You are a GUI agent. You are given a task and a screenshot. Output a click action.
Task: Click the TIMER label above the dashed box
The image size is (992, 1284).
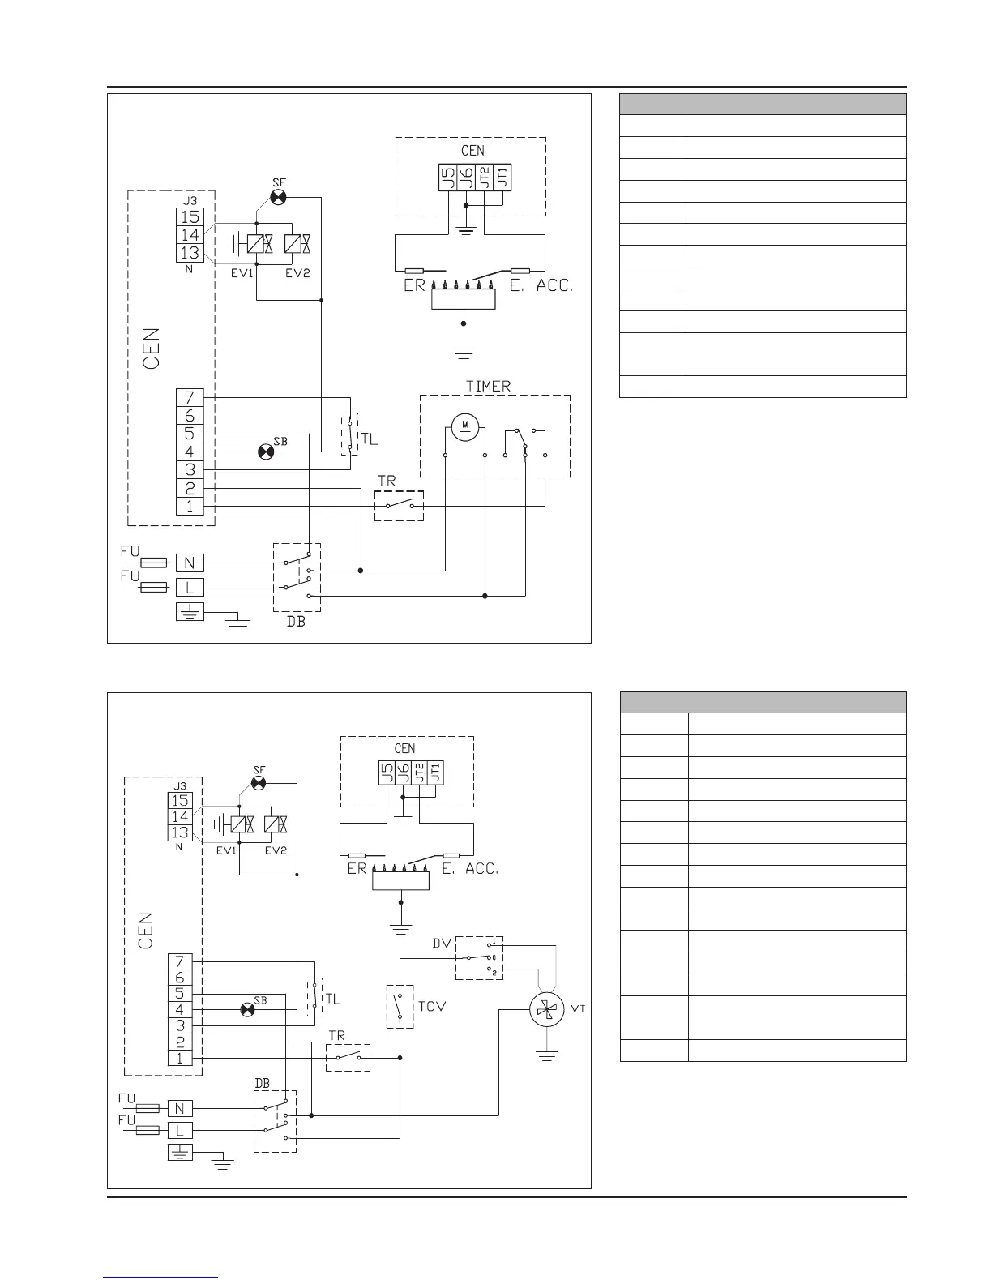pyautogui.click(x=488, y=386)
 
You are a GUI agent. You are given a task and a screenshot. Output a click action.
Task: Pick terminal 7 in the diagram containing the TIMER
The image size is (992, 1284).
pyautogui.click(x=189, y=398)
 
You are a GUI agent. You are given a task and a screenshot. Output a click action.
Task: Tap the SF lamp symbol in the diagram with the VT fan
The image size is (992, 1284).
pyautogui.click(x=259, y=783)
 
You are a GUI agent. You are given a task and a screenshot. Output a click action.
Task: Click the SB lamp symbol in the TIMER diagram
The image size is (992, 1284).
pyautogui.click(x=265, y=452)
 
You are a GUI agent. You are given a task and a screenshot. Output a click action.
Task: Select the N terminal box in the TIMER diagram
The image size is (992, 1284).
pyautogui.click(x=190, y=562)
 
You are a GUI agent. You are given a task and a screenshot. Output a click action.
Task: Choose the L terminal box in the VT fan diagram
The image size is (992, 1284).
pyautogui.click(x=180, y=1130)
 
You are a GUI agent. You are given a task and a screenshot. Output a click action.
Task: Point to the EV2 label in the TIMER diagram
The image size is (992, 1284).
pyautogui.click(x=297, y=273)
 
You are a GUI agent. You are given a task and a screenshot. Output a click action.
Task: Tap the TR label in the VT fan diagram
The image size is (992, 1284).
pyautogui.click(x=336, y=1036)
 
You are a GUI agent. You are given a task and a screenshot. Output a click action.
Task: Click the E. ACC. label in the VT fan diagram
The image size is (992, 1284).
pyautogui.click(x=470, y=869)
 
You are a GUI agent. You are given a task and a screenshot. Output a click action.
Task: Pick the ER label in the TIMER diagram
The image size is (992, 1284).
pyautogui.click(x=414, y=286)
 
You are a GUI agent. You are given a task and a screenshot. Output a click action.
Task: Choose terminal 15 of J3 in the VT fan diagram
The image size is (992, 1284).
pyautogui.click(x=180, y=800)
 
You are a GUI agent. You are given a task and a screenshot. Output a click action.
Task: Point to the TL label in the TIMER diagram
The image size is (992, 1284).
pyautogui.click(x=369, y=440)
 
